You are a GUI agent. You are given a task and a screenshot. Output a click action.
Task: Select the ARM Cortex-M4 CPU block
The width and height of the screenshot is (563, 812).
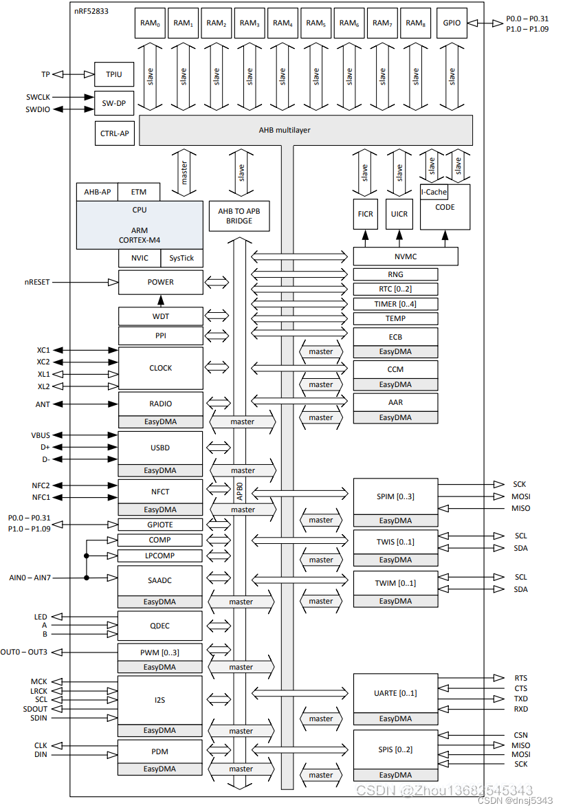click(140, 225)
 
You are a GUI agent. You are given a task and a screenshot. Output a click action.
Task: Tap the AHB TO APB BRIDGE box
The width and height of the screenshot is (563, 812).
click(239, 216)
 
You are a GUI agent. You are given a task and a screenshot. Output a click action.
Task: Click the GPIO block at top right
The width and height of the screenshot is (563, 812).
click(452, 23)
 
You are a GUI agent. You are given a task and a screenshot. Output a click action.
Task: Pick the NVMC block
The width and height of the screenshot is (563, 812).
click(406, 256)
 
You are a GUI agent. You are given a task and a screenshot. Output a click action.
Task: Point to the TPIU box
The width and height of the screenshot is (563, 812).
click(113, 74)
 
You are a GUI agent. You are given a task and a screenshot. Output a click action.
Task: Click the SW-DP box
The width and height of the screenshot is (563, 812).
click(113, 103)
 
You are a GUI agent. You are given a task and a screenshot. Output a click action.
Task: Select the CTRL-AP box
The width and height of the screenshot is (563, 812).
click(113, 133)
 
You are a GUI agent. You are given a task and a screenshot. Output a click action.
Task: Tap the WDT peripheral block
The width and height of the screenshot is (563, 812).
click(160, 316)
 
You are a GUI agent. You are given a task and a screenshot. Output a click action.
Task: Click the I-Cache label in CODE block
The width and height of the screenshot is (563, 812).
click(434, 192)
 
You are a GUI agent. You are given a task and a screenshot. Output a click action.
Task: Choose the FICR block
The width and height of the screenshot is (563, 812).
click(366, 214)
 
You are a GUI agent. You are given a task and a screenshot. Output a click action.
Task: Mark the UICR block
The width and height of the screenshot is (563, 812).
click(399, 214)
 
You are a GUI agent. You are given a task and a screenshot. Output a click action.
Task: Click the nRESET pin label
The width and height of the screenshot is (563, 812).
click(37, 282)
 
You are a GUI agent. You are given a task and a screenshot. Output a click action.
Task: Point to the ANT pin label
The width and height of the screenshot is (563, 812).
click(43, 404)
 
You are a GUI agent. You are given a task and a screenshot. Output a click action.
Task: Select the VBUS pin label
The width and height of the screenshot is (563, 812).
click(41, 435)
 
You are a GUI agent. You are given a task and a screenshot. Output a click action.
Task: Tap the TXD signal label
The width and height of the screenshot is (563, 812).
click(521, 699)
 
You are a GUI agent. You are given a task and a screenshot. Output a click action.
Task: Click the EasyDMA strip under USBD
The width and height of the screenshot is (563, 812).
click(160, 470)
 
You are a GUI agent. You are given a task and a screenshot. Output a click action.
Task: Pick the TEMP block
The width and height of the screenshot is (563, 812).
click(395, 318)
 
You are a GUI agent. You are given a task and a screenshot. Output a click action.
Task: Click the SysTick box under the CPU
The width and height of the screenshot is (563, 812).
click(182, 259)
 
